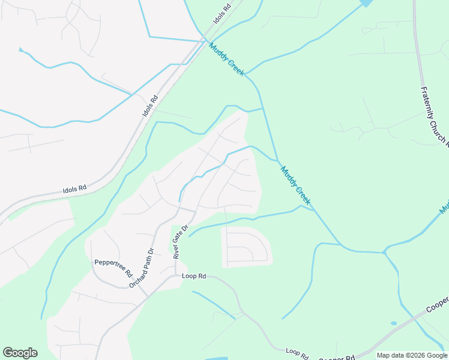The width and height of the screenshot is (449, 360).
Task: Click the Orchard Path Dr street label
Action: (x=142, y=268)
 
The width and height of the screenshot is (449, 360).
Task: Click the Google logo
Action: (x=20, y=353)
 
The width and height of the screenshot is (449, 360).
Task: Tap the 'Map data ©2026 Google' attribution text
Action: (x=411, y=355)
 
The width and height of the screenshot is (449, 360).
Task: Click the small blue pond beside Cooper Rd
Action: (x=393, y=323)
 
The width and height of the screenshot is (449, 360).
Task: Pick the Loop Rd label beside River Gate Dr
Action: (x=194, y=277)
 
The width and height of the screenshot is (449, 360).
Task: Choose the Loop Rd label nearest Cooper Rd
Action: (x=297, y=352)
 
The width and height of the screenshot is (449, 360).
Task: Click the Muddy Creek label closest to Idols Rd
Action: (x=227, y=59)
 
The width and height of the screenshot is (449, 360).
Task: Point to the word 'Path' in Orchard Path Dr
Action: (x=143, y=266)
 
